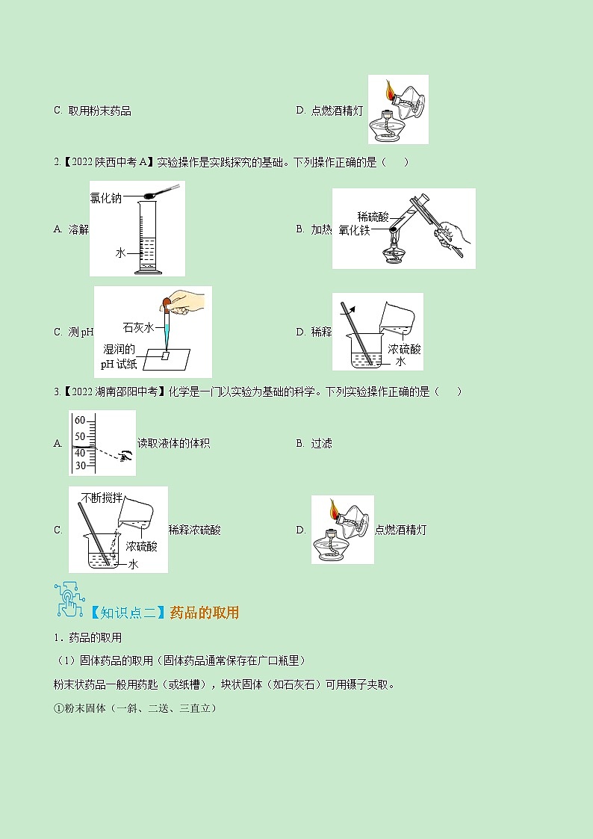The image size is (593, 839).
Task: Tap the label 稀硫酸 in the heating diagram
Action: (x=373, y=217)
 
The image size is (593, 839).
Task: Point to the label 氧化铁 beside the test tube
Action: (x=354, y=231)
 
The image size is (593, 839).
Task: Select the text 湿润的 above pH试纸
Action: (x=119, y=350)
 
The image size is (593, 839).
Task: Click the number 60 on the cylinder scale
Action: (x=80, y=421)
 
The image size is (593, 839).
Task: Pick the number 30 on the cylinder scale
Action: (x=80, y=465)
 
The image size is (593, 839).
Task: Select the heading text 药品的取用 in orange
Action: (x=204, y=613)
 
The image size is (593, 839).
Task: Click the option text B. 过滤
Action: (x=314, y=443)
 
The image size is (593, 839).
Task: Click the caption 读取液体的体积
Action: (x=173, y=443)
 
